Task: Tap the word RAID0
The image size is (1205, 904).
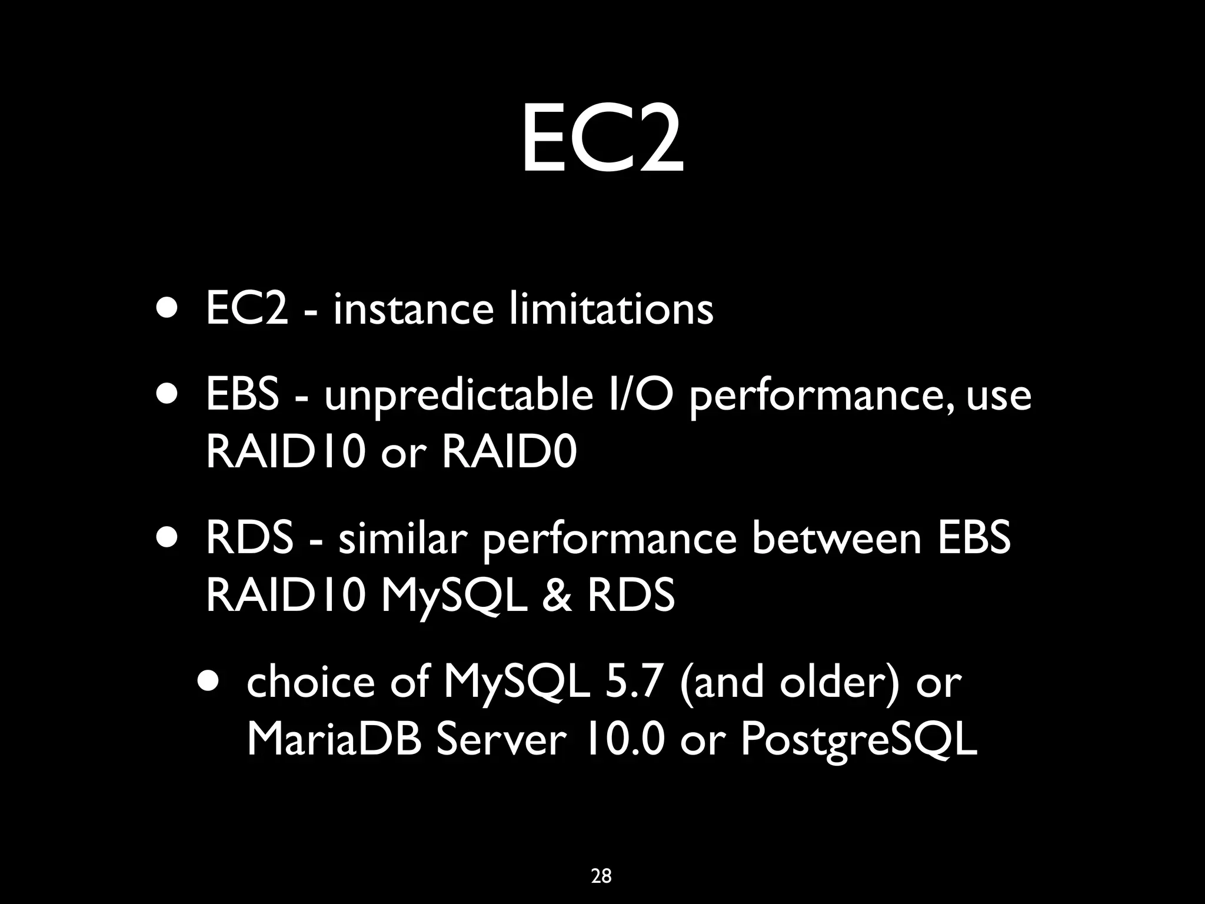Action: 509,453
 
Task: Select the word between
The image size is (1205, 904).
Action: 836,539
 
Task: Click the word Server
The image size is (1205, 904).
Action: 501,739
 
